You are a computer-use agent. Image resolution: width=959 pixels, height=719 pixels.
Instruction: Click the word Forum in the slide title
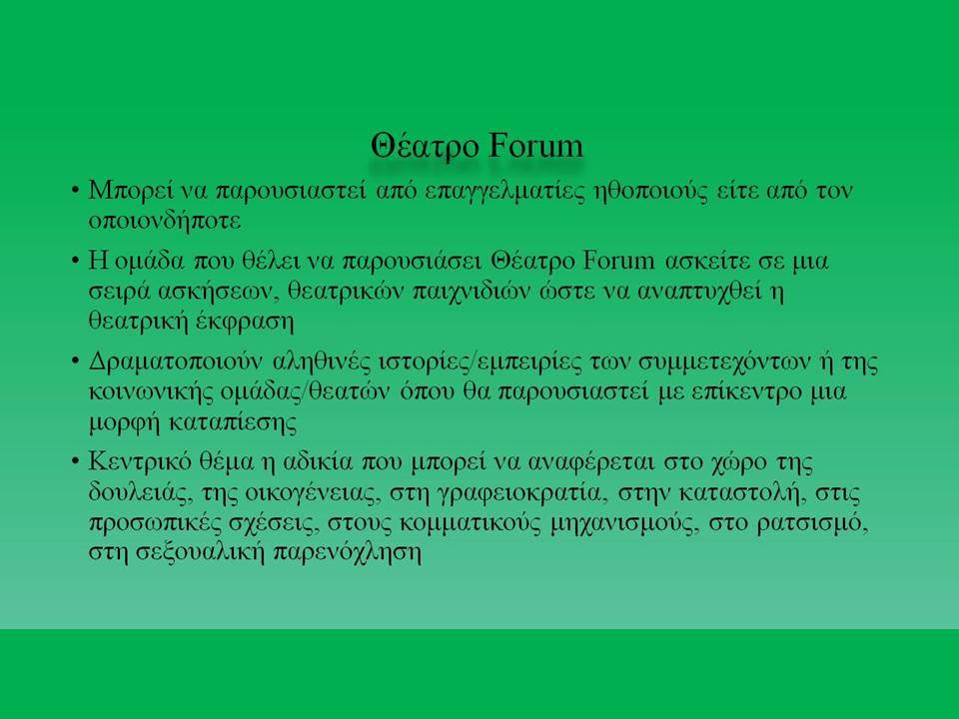click(x=536, y=146)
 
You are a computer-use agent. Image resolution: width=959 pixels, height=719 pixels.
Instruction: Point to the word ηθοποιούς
click(x=650, y=192)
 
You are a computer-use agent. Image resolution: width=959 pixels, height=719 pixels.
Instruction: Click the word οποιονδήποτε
click(x=165, y=221)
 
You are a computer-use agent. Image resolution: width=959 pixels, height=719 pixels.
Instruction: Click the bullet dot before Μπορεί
click(x=75, y=191)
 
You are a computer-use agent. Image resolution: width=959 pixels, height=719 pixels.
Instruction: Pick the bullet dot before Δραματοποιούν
click(x=75, y=361)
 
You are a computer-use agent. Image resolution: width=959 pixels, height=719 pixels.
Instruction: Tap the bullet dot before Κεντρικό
click(x=75, y=461)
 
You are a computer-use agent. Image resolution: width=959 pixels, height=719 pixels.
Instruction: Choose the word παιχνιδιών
click(x=471, y=292)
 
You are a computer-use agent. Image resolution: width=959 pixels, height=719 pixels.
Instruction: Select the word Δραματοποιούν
click(x=176, y=361)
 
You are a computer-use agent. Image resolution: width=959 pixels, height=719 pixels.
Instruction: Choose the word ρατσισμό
click(x=812, y=523)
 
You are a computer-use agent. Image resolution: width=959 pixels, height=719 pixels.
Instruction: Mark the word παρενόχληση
click(x=347, y=552)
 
